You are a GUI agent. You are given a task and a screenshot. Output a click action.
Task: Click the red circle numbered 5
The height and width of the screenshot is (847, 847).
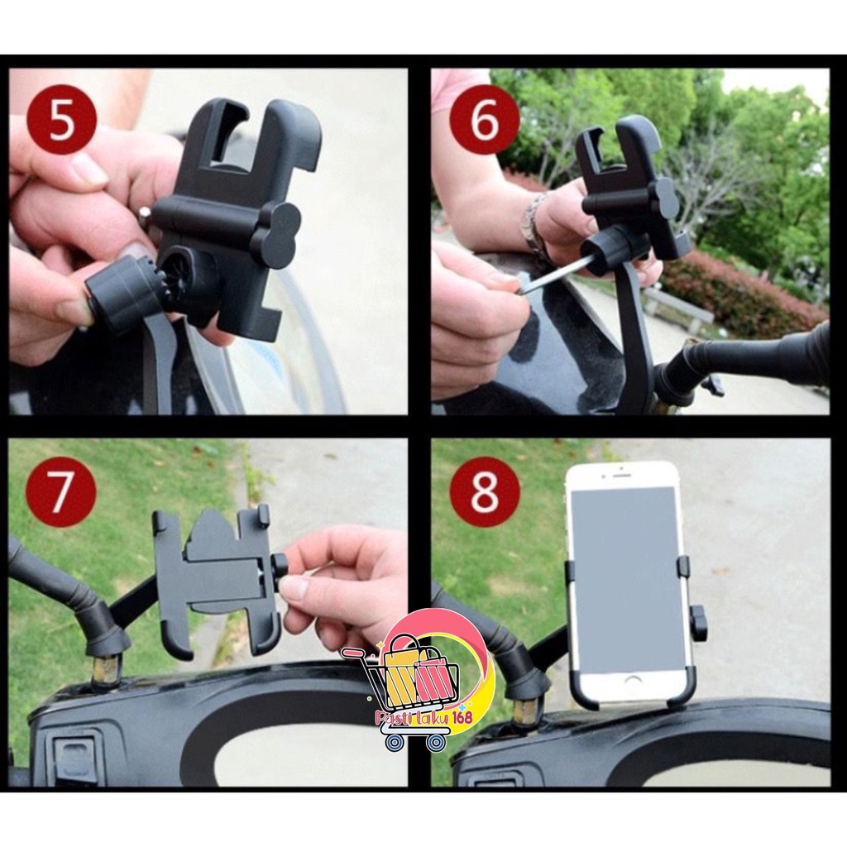point(62,120)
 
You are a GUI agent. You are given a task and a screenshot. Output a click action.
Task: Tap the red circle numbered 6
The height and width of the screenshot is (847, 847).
point(485,120)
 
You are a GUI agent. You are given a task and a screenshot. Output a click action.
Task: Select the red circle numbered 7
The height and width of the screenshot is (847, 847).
point(60,492)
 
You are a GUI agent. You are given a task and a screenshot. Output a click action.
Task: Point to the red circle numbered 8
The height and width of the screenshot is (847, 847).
point(485,492)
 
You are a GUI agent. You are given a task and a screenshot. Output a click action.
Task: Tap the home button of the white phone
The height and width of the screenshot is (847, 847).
point(633,680)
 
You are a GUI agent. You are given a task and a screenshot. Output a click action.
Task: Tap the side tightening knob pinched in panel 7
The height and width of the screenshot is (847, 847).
point(280,567)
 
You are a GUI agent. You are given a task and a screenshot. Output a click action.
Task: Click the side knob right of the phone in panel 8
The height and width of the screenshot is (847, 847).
point(699,622)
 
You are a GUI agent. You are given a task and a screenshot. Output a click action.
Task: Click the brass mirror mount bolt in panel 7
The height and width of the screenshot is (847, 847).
point(105,670)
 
